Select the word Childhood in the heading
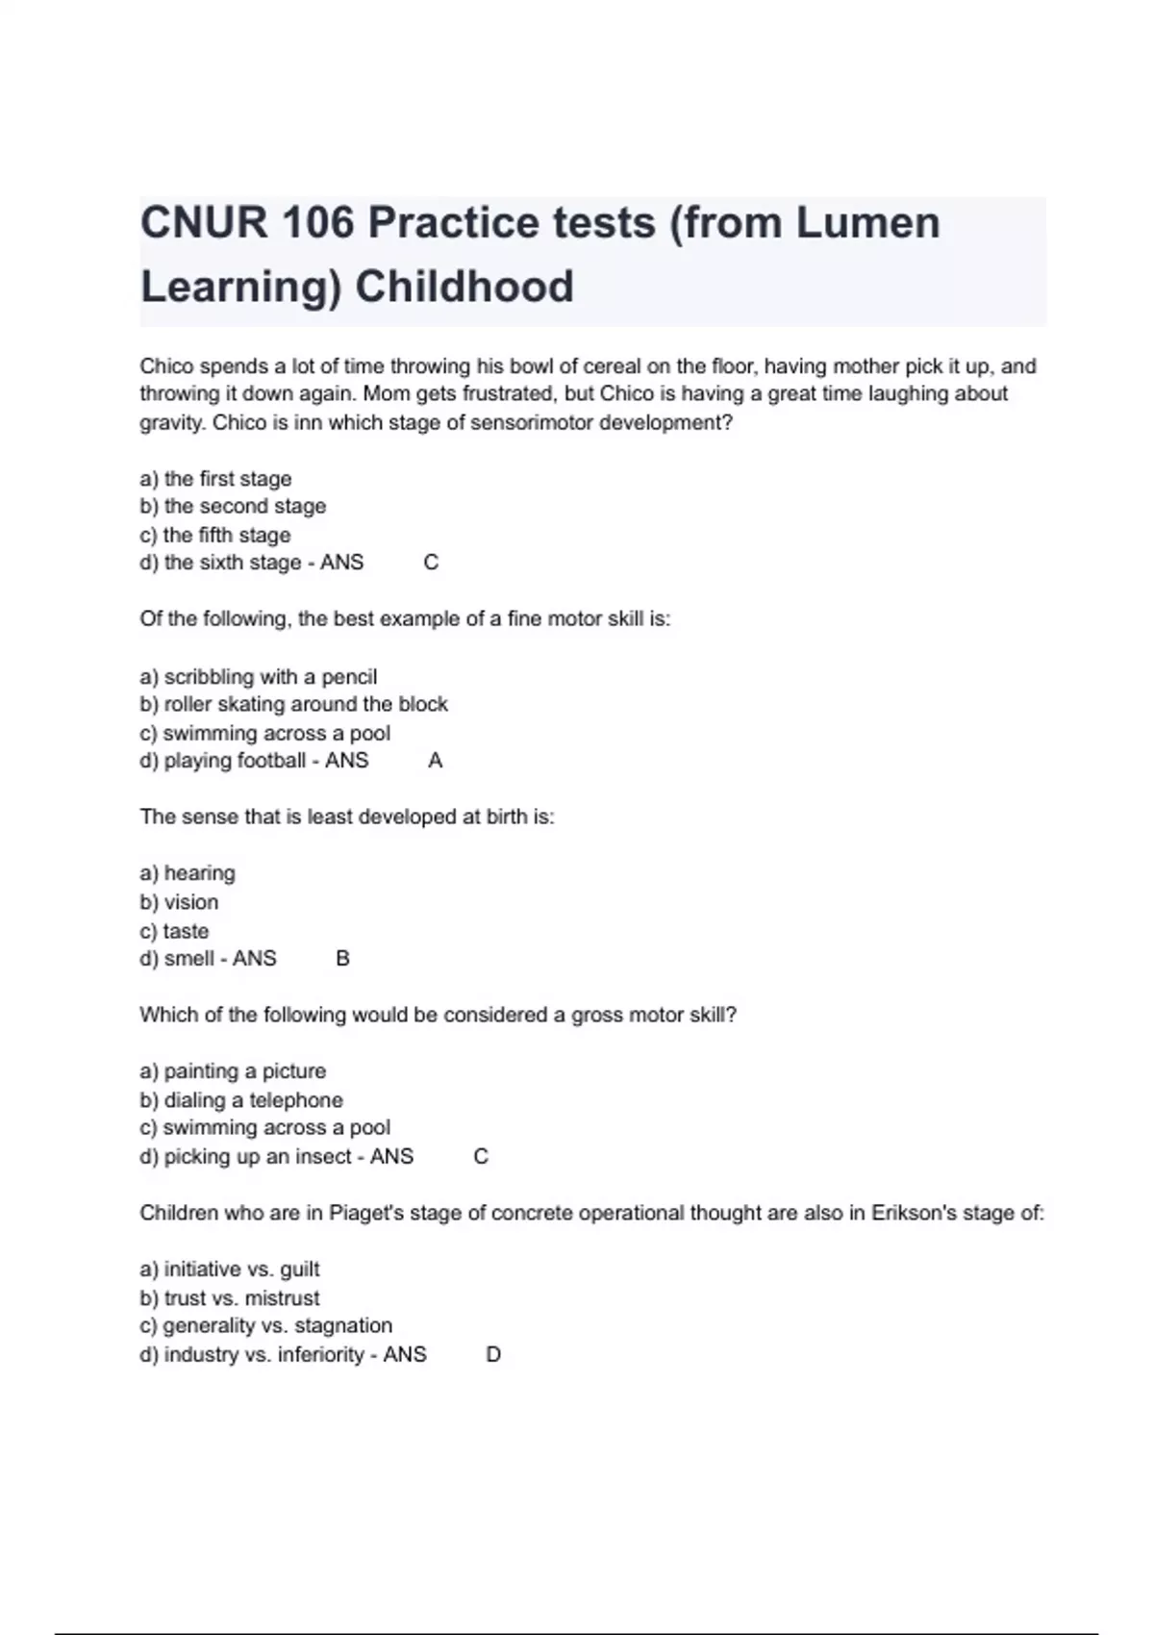464,287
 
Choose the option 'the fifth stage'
215,535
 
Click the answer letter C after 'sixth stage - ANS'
431,563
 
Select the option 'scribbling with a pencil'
259,676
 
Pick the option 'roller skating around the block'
294,704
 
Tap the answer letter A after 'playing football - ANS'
435,761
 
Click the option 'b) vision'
180,902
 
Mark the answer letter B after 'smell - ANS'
342,959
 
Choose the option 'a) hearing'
188,873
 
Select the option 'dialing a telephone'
241,1100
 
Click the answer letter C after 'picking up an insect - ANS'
481,1157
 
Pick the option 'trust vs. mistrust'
230,1298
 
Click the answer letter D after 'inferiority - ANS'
493,1355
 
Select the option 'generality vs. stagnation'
266,1326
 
